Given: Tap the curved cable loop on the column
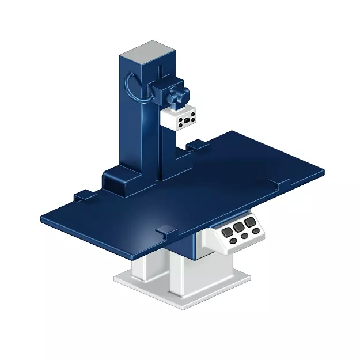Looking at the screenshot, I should (x=131, y=86).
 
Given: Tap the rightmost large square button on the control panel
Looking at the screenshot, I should (x=249, y=222).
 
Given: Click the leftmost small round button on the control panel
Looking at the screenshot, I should (x=233, y=241).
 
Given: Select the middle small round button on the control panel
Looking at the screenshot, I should (x=244, y=236).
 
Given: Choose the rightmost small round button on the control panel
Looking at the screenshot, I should (x=256, y=230).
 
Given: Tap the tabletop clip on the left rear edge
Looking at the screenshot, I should (x=82, y=195).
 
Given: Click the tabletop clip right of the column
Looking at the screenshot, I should (x=194, y=146).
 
